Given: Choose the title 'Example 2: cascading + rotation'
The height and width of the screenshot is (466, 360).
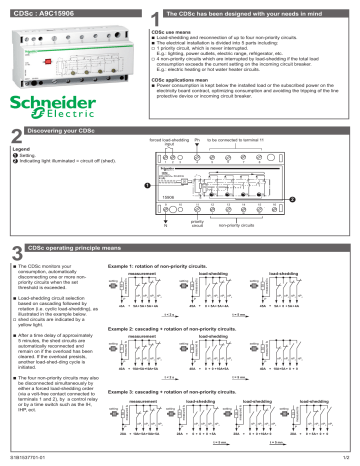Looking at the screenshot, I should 175,327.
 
